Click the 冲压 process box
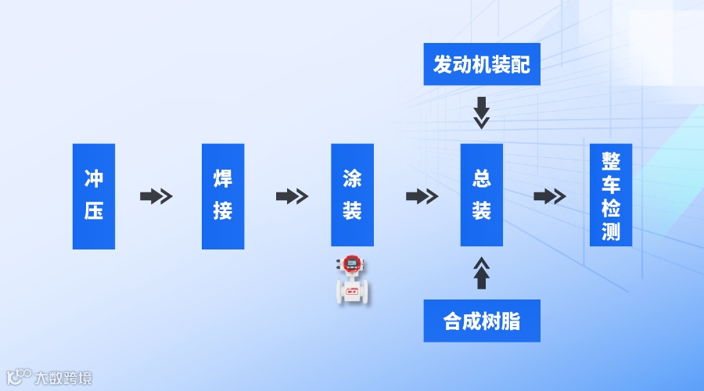click(x=94, y=196)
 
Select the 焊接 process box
click(x=223, y=196)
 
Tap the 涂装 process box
click(x=352, y=196)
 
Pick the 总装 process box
click(x=481, y=196)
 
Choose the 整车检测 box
click(x=611, y=196)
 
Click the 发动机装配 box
click(x=482, y=64)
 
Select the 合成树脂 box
click(x=482, y=321)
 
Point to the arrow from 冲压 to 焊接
click(x=156, y=196)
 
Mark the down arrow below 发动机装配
click(x=482, y=113)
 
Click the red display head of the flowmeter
click(x=352, y=263)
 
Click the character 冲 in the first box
click(x=94, y=179)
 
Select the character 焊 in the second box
click(x=223, y=179)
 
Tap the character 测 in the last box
click(x=611, y=232)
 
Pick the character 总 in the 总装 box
click(x=481, y=179)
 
